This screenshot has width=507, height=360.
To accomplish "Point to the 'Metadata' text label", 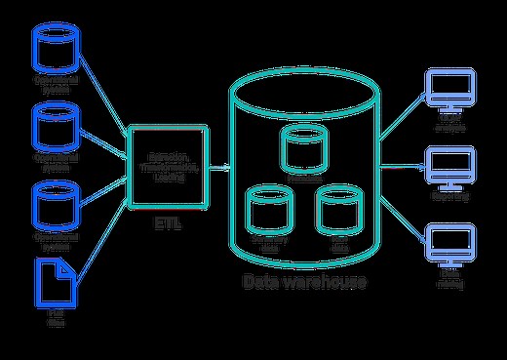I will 303,178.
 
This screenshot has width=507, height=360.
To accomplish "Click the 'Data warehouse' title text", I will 304,283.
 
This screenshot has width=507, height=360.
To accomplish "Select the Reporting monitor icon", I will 449,167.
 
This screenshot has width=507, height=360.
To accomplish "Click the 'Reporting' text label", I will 449,197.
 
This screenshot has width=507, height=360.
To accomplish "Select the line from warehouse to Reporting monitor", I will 401,167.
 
